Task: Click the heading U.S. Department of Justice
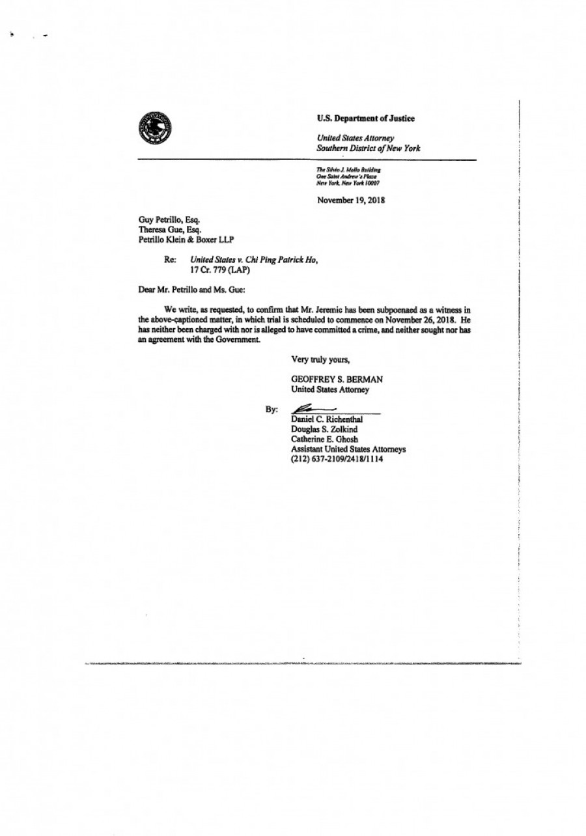point(365,118)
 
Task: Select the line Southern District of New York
point(368,148)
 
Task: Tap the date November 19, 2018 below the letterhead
point(350,200)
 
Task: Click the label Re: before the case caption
point(171,259)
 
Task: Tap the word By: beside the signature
point(272,410)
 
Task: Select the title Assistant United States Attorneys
point(348,449)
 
